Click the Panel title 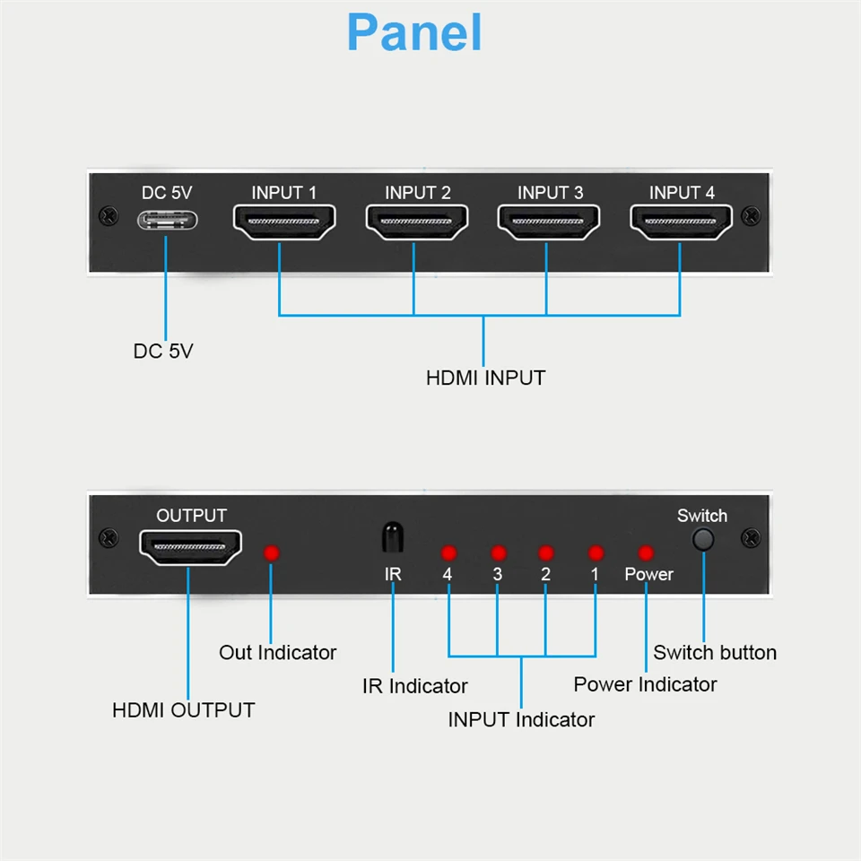pyautogui.click(x=414, y=32)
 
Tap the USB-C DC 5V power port pyautogui.click(x=167, y=221)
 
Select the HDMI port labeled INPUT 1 pyautogui.click(x=283, y=222)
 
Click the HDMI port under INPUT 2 pyautogui.click(x=417, y=222)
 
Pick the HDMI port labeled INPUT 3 pyautogui.click(x=549, y=222)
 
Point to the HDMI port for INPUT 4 pyautogui.click(x=681, y=222)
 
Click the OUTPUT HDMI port pyautogui.click(x=190, y=546)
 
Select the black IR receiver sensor pyautogui.click(x=392, y=538)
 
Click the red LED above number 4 pyautogui.click(x=449, y=553)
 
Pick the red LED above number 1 pyautogui.click(x=595, y=553)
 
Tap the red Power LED pyautogui.click(x=645, y=553)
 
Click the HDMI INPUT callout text pyautogui.click(x=485, y=378)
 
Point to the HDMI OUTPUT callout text pyautogui.click(x=183, y=709)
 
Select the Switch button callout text pyautogui.click(x=715, y=652)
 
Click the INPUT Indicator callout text pyautogui.click(x=521, y=719)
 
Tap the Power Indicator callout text pyautogui.click(x=645, y=684)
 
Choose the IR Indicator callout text pyautogui.click(x=414, y=686)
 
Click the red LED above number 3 pyautogui.click(x=499, y=553)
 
